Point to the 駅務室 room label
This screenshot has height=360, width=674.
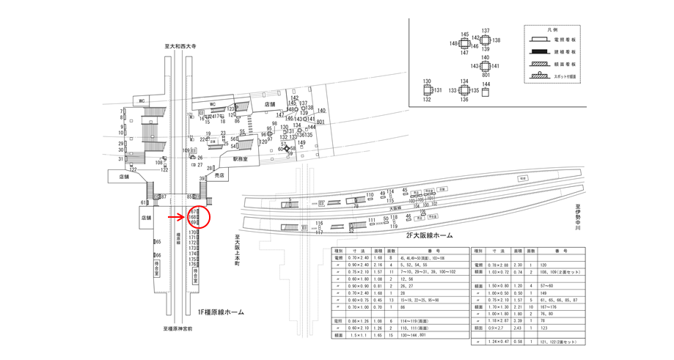[241, 158]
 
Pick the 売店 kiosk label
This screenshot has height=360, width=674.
[219, 176]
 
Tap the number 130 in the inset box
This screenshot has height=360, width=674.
[426, 81]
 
